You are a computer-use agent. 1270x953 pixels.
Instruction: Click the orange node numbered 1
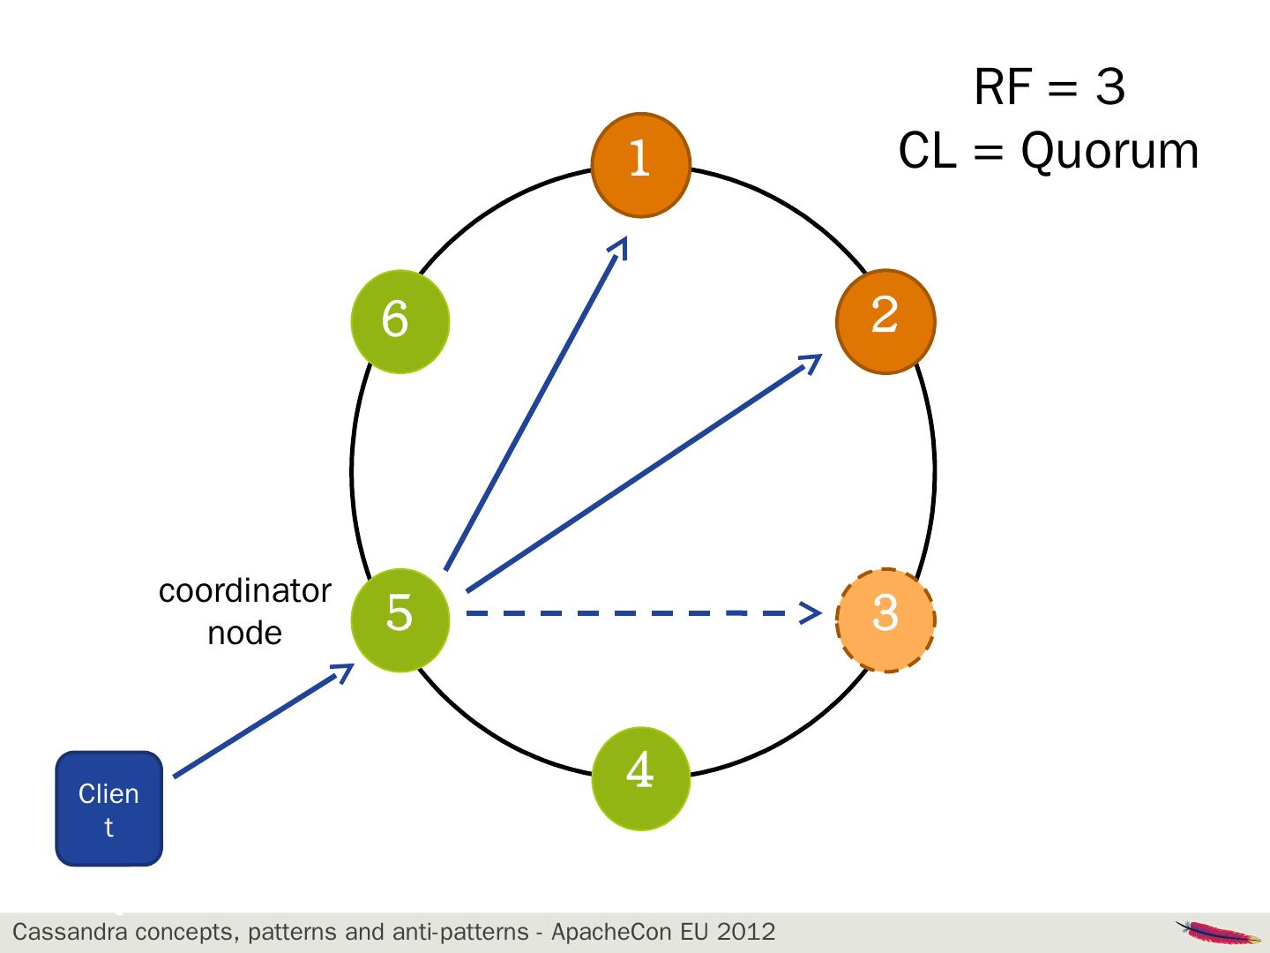[x=640, y=165]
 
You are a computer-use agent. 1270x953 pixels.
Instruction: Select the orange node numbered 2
[x=885, y=322]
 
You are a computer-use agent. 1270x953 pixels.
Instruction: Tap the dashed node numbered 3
[x=885, y=620]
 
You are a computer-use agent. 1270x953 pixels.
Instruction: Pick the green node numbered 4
[x=640, y=778]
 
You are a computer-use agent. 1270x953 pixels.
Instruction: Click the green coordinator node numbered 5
[x=400, y=620]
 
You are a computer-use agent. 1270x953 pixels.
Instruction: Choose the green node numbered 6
[x=400, y=322]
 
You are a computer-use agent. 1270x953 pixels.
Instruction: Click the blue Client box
[x=108, y=808]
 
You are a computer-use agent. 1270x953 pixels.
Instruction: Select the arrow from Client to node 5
[x=264, y=720]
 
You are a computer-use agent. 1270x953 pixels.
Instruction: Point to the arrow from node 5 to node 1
[x=536, y=402]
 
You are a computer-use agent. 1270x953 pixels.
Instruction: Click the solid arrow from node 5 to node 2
[x=644, y=473]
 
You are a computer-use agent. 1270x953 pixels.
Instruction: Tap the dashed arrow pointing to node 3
[x=644, y=612]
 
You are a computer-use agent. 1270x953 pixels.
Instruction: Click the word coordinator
[x=245, y=591]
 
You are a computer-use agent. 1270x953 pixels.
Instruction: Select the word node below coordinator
[x=245, y=633]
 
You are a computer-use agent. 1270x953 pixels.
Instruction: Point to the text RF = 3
[x=1050, y=86]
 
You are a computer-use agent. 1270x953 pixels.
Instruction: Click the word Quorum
[x=1109, y=152]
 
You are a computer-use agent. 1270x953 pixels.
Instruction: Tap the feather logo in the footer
[x=1217, y=932]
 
